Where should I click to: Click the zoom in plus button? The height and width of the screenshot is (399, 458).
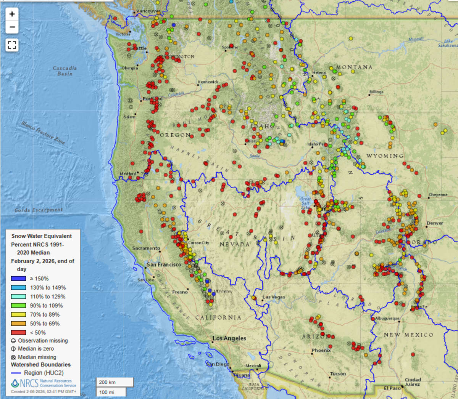pos(12,14)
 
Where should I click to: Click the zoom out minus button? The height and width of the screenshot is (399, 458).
pos(12,27)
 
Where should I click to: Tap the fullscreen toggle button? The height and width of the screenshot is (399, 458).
pos(12,45)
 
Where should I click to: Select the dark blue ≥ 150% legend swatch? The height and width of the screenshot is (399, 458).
pos(18,279)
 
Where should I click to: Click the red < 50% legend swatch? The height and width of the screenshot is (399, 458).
pos(18,332)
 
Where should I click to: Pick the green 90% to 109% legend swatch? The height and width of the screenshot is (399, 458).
pos(18,305)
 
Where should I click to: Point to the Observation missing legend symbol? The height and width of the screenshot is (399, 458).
pos(13,341)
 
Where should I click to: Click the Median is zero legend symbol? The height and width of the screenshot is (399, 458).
pos(13,349)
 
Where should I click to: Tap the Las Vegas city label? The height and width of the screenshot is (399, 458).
pos(274,297)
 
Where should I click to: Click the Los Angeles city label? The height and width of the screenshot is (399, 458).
pos(229,338)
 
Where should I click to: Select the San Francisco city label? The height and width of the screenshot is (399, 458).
pos(164,264)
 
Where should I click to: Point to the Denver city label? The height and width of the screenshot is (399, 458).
pos(435,223)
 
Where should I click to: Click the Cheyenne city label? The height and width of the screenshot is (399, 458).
pos(438,195)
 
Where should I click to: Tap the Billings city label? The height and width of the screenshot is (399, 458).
pos(376,92)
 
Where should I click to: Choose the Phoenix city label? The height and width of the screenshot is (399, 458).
pos(321,350)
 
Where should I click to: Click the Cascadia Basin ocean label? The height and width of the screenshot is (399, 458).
pos(65,71)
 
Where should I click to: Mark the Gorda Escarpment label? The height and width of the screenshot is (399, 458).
pos(39,210)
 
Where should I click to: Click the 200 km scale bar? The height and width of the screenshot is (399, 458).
pos(114,382)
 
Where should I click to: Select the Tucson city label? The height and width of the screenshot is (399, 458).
pos(338,374)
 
